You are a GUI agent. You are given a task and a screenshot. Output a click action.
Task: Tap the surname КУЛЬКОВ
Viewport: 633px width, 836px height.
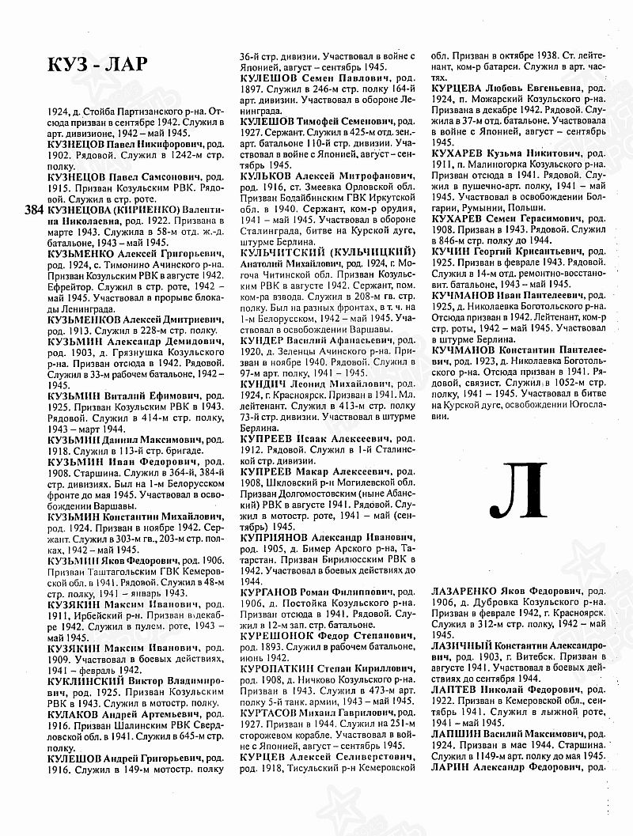(272, 174)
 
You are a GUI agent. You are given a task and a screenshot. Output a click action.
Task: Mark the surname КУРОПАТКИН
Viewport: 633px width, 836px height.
(285, 668)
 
